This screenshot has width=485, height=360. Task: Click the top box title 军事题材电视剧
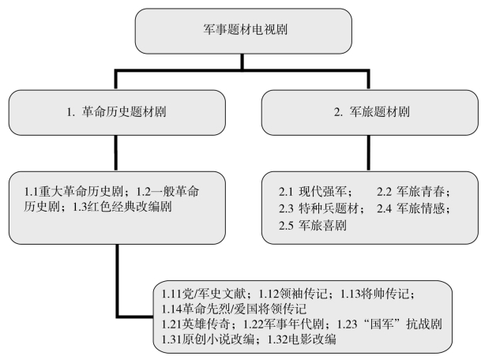[246, 30]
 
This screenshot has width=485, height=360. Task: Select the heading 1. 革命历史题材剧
[117, 111]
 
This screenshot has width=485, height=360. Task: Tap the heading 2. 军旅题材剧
[371, 111]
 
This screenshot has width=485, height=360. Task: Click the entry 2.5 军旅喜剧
[312, 226]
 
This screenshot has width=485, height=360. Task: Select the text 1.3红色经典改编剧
[122, 207]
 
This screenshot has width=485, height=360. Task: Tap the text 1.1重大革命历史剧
[73, 192]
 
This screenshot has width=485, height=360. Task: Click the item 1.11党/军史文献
[204, 293]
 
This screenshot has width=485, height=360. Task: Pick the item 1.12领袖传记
[292, 293]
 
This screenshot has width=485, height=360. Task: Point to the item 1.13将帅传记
[374, 293]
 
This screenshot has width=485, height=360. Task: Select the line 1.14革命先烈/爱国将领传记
[234, 309]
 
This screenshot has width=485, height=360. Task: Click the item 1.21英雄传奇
[196, 324]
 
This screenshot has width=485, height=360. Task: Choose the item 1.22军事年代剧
[284, 324]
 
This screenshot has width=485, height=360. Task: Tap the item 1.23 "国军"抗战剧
[389, 324]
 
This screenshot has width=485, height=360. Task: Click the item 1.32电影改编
[302, 339]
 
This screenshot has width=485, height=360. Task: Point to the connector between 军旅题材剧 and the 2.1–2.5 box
[368, 153]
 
